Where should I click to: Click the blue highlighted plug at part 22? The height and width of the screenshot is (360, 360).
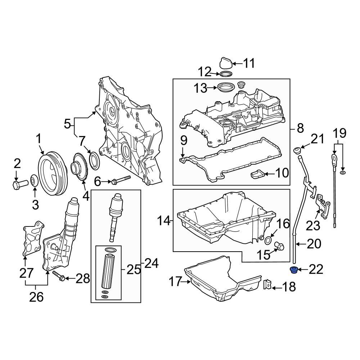tap(293, 270)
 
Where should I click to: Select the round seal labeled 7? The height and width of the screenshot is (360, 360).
tap(94, 161)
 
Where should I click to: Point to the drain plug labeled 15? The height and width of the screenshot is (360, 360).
tap(279, 246)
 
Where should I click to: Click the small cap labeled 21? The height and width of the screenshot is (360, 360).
tap(297, 150)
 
